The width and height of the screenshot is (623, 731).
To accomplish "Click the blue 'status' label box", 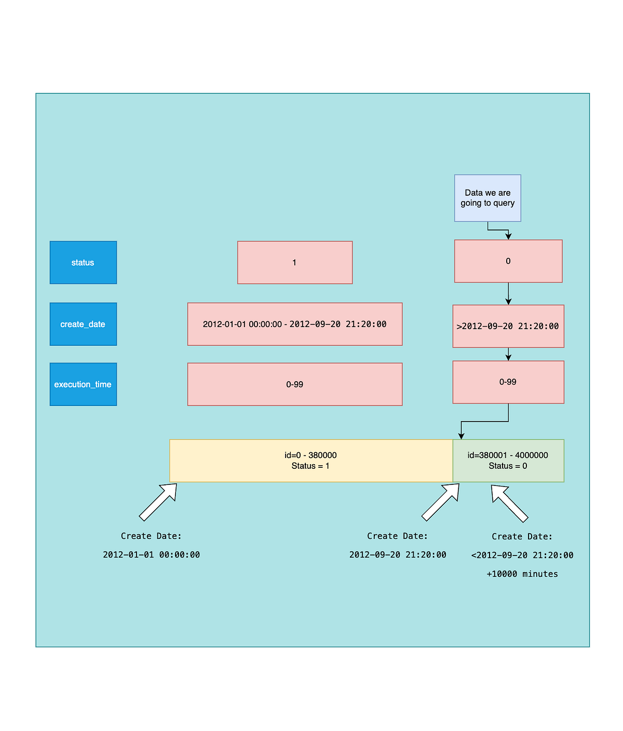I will click(83, 263).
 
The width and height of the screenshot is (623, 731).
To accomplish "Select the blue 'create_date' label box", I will click(83, 324).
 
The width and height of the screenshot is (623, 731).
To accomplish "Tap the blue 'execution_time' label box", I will click(83, 384).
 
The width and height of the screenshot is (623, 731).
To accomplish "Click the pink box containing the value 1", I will click(295, 263).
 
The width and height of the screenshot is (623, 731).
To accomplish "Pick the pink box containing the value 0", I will click(508, 261).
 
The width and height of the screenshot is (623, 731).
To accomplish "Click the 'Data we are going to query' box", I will click(487, 198).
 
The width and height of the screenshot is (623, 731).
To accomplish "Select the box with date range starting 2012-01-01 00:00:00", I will click(295, 324).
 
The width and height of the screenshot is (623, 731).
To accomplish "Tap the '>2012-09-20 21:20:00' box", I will click(508, 326).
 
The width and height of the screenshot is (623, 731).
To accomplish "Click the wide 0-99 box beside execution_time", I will click(295, 384).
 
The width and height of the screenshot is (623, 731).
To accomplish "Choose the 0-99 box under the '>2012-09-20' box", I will click(508, 382).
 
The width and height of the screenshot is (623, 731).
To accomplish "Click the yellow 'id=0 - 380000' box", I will click(311, 461).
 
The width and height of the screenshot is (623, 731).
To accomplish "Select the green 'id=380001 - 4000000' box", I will click(508, 461).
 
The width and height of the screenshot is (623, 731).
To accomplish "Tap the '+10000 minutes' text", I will click(522, 574).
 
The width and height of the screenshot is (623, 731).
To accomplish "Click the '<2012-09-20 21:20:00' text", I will click(522, 555).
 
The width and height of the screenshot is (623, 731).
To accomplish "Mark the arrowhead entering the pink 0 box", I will click(508, 236).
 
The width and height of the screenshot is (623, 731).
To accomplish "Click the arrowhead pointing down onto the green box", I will click(461, 436).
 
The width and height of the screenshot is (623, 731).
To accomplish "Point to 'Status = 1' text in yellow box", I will click(310, 466).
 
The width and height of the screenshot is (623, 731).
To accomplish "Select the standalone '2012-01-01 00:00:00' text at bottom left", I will click(151, 554).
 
